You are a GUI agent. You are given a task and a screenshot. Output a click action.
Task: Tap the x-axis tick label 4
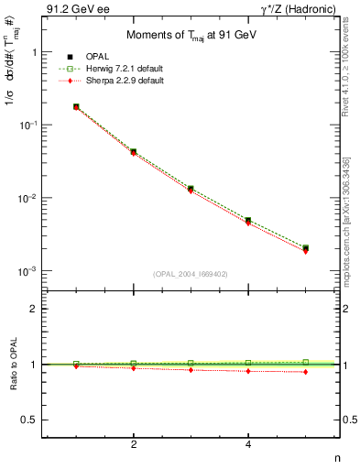[x=248, y=444]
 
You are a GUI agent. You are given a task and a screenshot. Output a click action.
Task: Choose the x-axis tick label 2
[x=134, y=444]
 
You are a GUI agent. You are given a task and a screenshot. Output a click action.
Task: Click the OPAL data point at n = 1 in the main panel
[x=76, y=106]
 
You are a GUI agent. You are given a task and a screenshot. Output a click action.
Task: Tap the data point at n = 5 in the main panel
[x=305, y=248]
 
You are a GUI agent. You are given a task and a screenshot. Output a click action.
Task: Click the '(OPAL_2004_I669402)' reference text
[x=191, y=273]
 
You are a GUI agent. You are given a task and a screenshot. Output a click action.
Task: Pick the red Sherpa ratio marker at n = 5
[x=305, y=372]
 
